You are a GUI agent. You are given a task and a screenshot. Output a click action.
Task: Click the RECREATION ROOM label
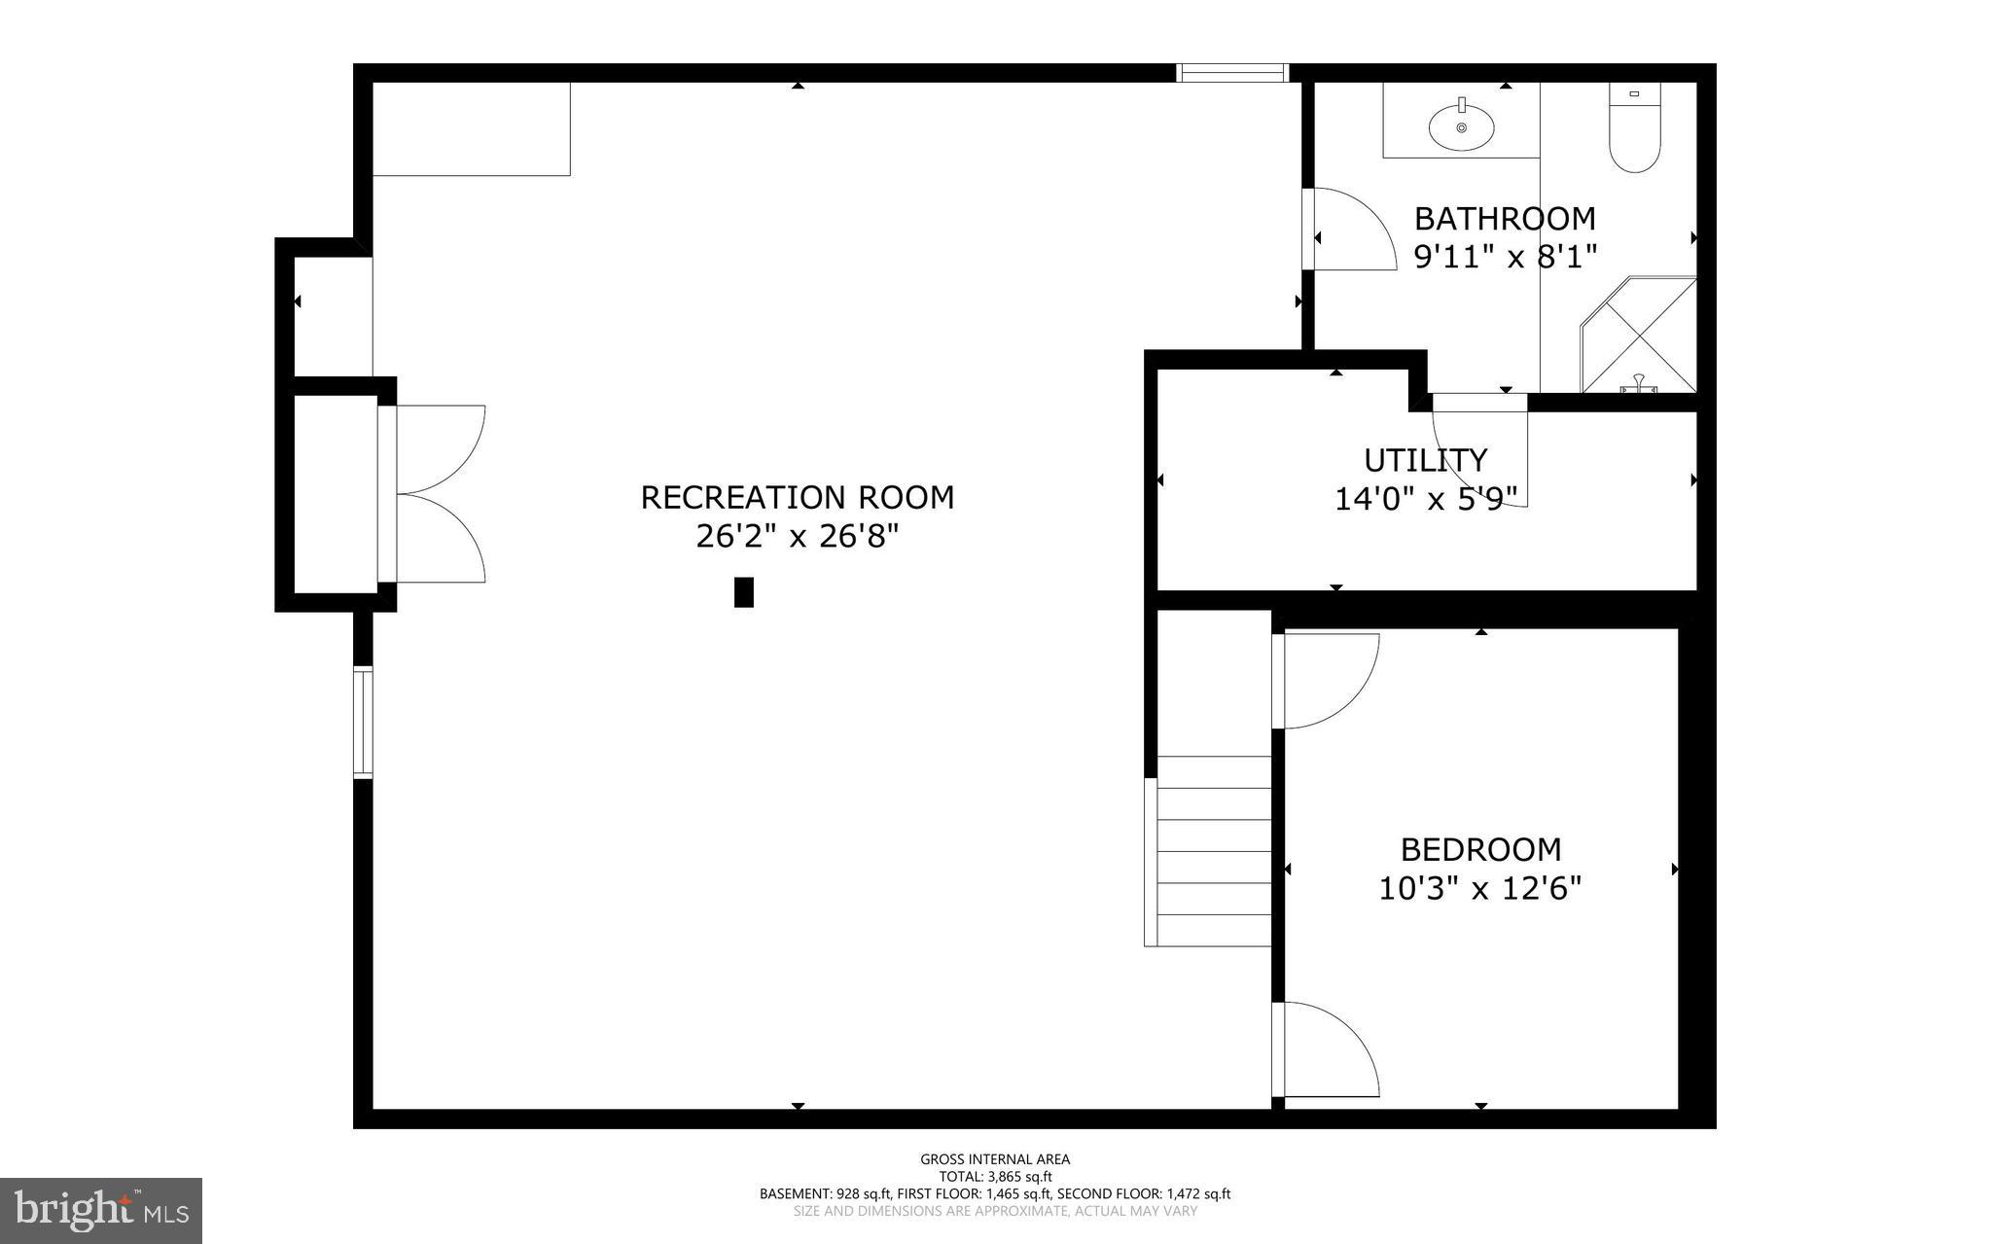tap(797, 497)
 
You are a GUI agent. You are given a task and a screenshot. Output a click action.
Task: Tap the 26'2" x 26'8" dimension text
tap(797, 536)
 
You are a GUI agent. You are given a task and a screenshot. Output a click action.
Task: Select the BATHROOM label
tap(1505, 218)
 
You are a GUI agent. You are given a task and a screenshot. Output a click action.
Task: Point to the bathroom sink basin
tap(1461, 127)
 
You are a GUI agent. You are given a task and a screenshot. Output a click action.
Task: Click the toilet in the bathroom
tap(1634, 131)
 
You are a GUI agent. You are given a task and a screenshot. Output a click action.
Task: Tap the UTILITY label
tap(1425, 459)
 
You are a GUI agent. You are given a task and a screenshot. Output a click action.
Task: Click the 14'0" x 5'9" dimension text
tap(1425, 499)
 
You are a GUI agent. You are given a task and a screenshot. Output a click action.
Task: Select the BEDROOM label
tap(1480, 849)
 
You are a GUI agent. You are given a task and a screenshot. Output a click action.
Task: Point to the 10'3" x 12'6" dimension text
tap(1480, 888)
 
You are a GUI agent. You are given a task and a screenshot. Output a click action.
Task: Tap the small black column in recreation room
tap(743, 592)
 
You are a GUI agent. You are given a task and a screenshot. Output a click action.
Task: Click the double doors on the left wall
tap(438, 494)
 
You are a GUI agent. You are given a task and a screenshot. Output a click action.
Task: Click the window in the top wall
tap(1231, 72)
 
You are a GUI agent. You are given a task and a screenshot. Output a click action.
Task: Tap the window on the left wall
tap(363, 722)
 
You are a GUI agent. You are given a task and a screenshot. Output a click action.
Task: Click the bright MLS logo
tap(100, 1210)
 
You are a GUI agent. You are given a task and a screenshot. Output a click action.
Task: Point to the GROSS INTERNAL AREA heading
tap(995, 1158)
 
